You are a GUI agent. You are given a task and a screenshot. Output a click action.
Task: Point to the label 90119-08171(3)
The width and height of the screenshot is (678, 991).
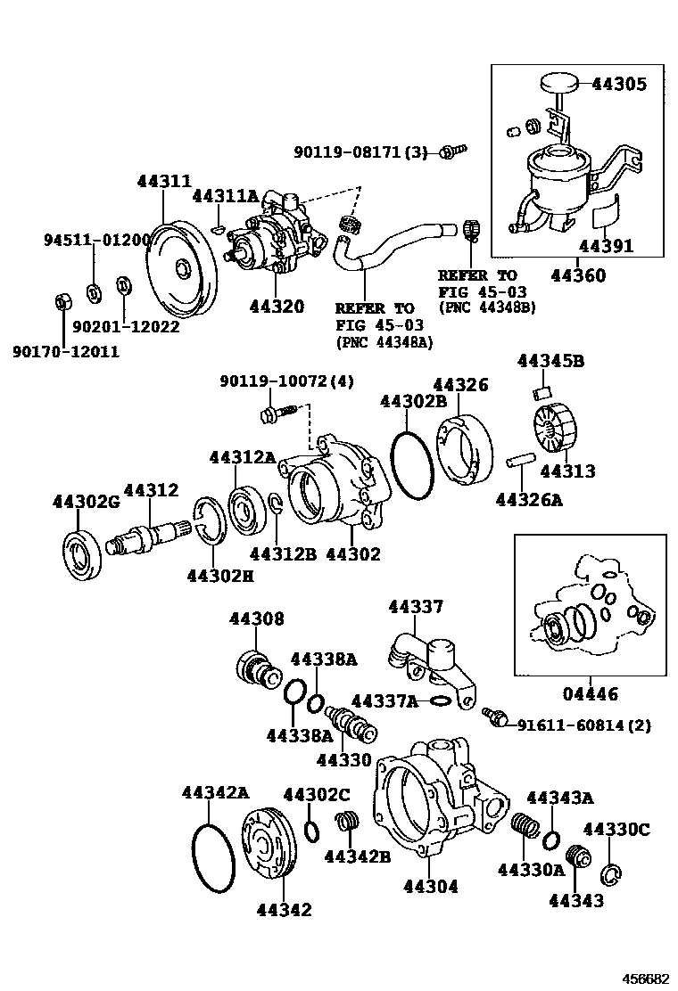[360, 152]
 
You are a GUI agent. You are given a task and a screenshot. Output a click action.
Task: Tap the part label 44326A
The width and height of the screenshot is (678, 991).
[529, 500]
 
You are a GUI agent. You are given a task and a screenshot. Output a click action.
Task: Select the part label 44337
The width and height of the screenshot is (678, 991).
[415, 607]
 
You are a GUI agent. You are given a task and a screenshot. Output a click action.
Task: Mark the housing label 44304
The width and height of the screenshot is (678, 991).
[430, 886]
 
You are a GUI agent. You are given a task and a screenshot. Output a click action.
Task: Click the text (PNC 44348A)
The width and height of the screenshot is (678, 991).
[383, 341]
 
